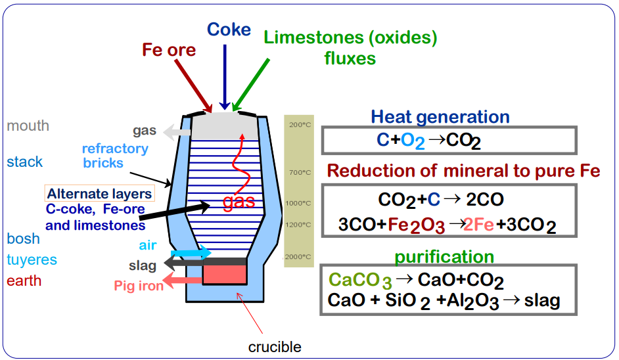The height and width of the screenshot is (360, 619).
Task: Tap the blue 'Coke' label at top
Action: pyautogui.click(x=229, y=29)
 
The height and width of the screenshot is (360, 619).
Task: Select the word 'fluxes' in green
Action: pyautogui.click(x=350, y=58)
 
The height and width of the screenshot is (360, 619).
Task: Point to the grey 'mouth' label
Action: pyautogui.click(x=28, y=125)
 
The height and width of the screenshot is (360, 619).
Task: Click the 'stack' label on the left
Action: pyautogui.click(x=24, y=162)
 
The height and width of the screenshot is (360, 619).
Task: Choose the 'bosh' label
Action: pyautogui.click(x=23, y=238)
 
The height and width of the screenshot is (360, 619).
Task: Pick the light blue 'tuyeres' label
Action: pyautogui.click(x=32, y=260)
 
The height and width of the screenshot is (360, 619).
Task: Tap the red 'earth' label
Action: pyautogui.click(x=24, y=281)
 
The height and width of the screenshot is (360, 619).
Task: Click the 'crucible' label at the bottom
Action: pyautogui.click(x=275, y=346)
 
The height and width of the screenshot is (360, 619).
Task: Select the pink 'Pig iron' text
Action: pyautogui.click(x=138, y=286)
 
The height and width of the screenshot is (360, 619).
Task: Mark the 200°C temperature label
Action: pyautogui.click(x=299, y=125)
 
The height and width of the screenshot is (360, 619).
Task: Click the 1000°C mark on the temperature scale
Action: pyautogui.click(x=298, y=203)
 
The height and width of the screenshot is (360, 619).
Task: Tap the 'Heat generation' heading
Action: pyautogui.click(x=440, y=117)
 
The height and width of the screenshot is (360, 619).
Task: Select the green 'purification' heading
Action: pyautogui.click(x=444, y=257)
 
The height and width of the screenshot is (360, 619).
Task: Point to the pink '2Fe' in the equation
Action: pyautogui.click(x=479, y=225)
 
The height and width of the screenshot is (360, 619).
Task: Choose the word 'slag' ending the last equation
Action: pyautogui.click(x=542, y=301)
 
